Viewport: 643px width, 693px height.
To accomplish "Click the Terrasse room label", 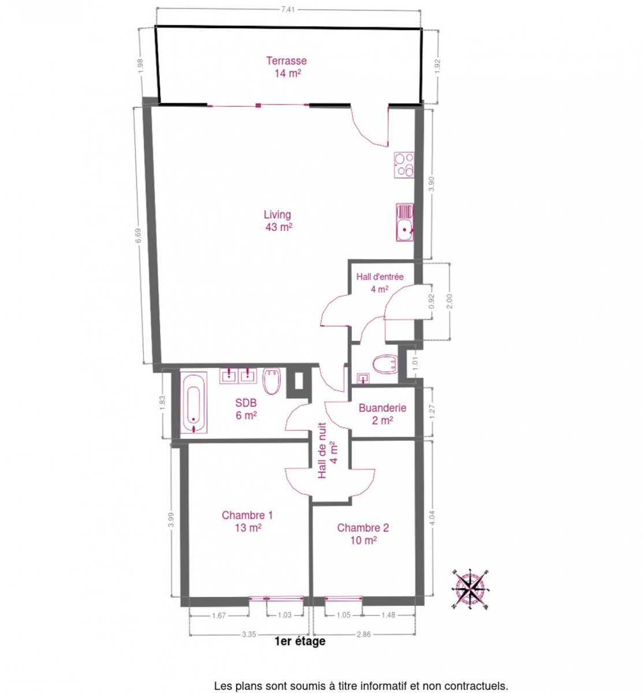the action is click(286, 67).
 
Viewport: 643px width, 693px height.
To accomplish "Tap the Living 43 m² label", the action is click(278, 221).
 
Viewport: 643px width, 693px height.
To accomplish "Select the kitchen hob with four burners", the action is click(404, 165).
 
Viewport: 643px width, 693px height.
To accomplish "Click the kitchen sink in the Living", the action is click(404, 222).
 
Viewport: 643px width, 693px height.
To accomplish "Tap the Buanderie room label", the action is click(382, 414).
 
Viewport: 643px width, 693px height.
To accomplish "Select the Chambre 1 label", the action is click(247, 521).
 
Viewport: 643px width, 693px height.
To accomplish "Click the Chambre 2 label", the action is click(363, 534).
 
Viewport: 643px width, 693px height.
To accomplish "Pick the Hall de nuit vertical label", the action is click(328, 450).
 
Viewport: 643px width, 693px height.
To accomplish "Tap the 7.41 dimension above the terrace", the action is click(288, 9).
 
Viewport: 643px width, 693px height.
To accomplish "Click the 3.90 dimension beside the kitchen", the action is click(432, 184).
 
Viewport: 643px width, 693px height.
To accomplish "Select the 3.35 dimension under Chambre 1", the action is click(249, 634).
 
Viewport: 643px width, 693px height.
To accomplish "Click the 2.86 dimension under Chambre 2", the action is click(363, 634).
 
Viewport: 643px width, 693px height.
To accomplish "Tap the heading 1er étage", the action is click(300, 641).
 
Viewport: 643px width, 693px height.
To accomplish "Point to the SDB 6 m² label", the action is click(246, 409).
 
